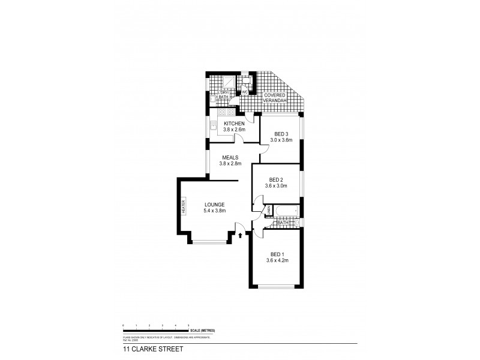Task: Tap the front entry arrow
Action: point(241,236)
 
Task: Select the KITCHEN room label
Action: point(234,124)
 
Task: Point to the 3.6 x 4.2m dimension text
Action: point(278,260)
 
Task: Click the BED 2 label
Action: point(276,179)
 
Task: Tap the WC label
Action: point(245,92)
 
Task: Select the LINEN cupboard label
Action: point(269,210)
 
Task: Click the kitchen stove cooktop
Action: point(225,111)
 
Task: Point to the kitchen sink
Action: point(213,125)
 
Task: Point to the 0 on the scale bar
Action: point(123,325)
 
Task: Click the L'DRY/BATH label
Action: point(223,94)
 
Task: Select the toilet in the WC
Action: point(245,82)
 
